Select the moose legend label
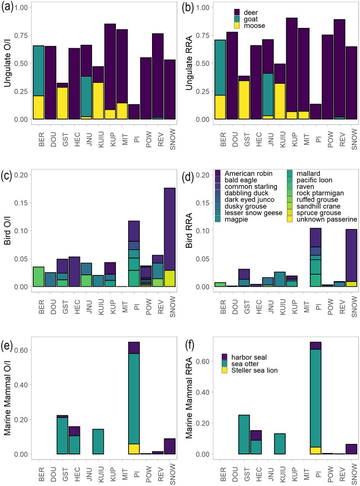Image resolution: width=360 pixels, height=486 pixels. (x=255, y=26)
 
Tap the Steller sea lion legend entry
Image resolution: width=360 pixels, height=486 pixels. (x=255, y=370)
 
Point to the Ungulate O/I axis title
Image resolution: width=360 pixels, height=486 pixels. (x=7, y=64)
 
